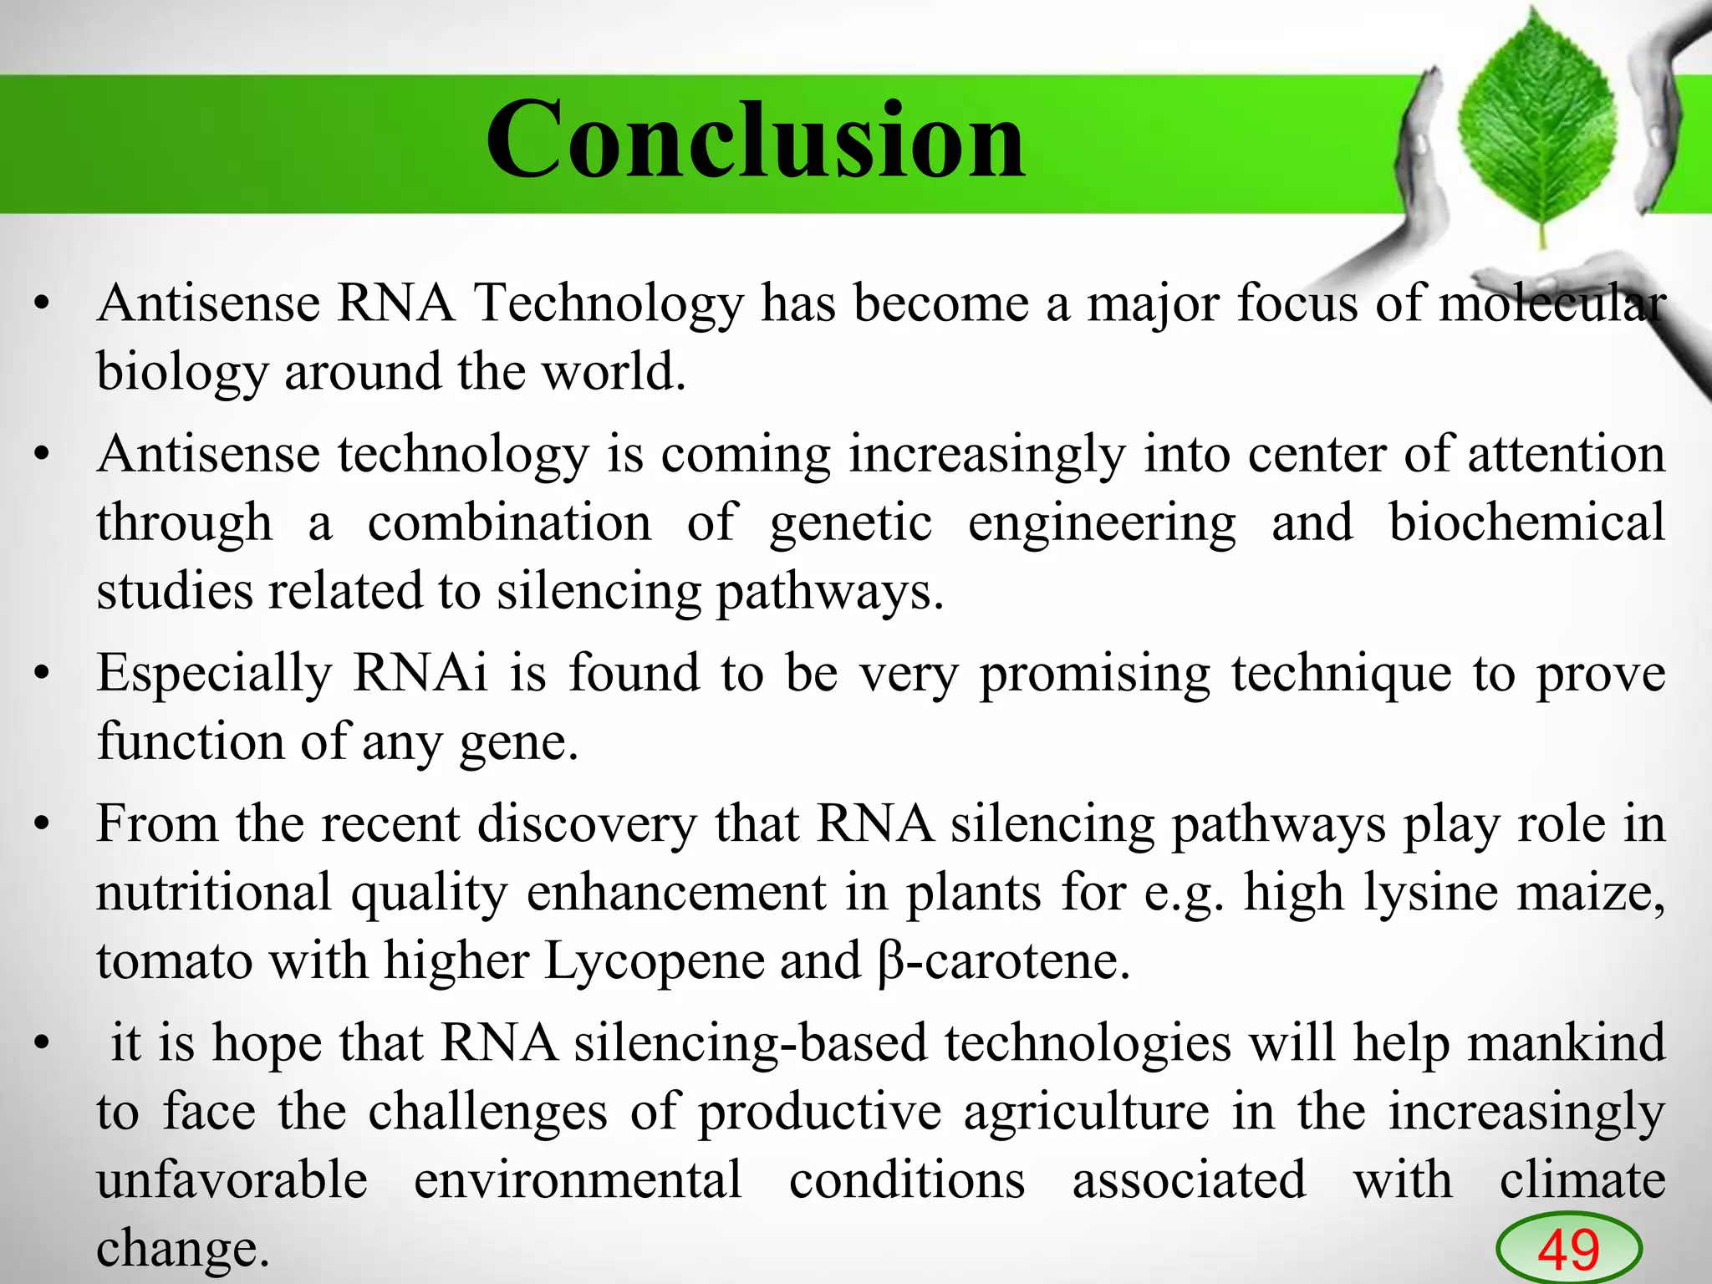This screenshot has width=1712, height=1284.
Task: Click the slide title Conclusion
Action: point(755,140)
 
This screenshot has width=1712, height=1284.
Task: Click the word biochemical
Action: point(1526,523)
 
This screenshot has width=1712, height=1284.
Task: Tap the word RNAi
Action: point(420,673)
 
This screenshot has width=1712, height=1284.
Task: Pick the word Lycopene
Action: point(653,961)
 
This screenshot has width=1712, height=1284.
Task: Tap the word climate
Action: point(1582,1180)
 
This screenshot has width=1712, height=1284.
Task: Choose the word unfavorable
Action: point(232,1180)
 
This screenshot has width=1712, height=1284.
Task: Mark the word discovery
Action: point(586,824)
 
